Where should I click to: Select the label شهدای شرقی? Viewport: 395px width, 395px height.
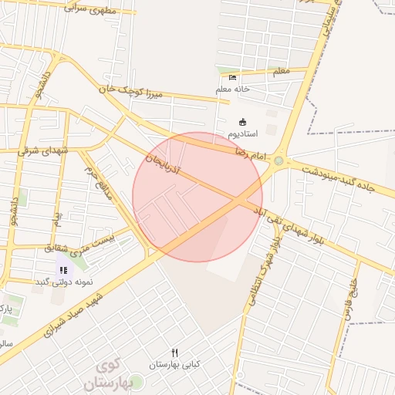click(x=42, y=150)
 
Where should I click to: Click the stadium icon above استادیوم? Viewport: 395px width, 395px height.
click(x=242, y=122)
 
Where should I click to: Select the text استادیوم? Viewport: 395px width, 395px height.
click(x=242, y=134)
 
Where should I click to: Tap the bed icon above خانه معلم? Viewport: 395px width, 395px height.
click(x=233, y=77)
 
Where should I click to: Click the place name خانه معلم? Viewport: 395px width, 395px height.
click(x=233, y=89)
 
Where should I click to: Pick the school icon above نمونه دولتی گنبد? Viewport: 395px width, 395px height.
click(x=63, y=270)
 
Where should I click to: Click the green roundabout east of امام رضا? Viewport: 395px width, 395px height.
click(x=279, y=162)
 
